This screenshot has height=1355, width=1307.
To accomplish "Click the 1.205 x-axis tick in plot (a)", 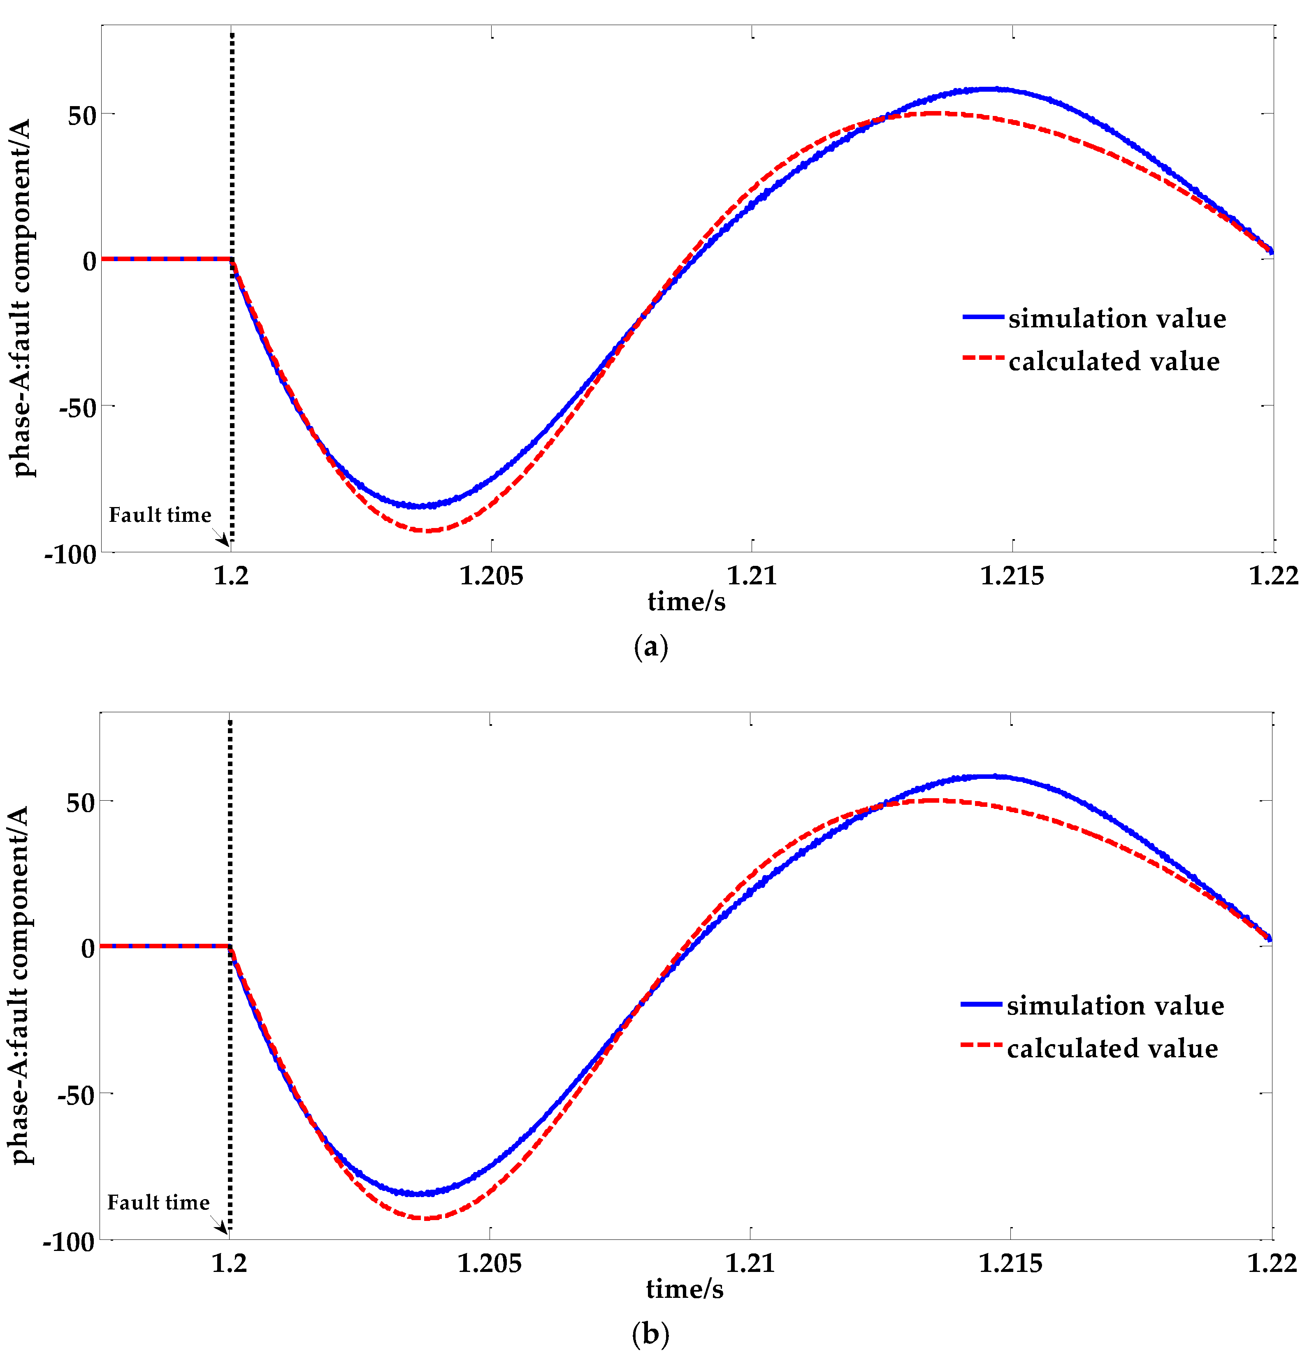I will (x=491, y=575).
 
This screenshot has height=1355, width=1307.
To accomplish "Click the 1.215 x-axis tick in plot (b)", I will (x=1010, y=1263).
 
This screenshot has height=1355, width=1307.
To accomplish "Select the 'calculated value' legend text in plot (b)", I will (x=1112, y=1049).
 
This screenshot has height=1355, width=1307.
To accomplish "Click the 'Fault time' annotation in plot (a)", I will (x=160, y=515).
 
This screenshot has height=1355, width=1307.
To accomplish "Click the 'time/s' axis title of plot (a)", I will (x=686, y=602).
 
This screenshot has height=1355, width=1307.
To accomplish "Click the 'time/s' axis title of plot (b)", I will (x=685, y=1289).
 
